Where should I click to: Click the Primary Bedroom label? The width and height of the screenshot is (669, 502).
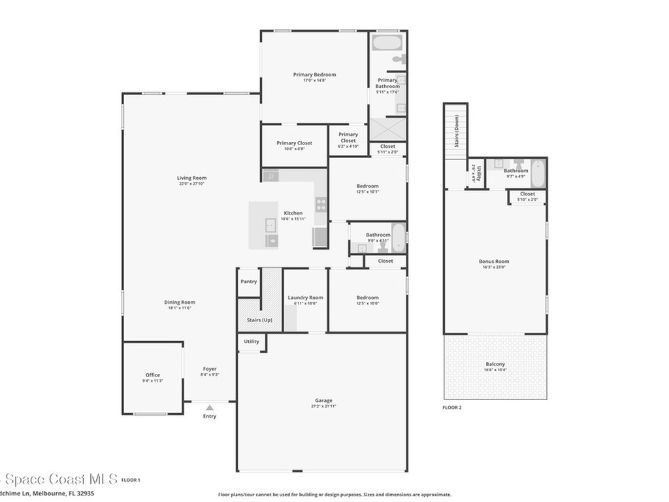314,75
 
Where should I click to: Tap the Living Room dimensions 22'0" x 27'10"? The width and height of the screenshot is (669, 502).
191,184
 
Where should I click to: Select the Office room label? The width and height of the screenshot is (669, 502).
153,375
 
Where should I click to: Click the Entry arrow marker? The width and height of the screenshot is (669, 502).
209,407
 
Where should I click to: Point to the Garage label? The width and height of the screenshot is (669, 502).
323,400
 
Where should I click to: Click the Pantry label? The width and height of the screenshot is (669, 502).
248,282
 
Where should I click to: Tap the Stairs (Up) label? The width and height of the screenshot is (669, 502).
259,320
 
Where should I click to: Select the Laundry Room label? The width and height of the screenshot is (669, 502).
305,297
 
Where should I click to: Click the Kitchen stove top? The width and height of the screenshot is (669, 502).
321,204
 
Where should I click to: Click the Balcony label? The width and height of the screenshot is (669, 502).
495,364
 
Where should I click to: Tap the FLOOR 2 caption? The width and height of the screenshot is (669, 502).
452,407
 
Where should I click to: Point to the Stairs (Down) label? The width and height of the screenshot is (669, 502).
457,131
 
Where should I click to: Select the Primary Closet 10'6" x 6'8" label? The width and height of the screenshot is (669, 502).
294,142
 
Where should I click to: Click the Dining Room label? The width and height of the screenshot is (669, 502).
179,302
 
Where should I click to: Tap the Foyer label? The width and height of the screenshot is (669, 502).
209,369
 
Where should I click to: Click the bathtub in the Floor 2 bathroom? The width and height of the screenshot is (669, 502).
538,173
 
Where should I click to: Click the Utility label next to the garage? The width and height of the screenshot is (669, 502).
251,341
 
